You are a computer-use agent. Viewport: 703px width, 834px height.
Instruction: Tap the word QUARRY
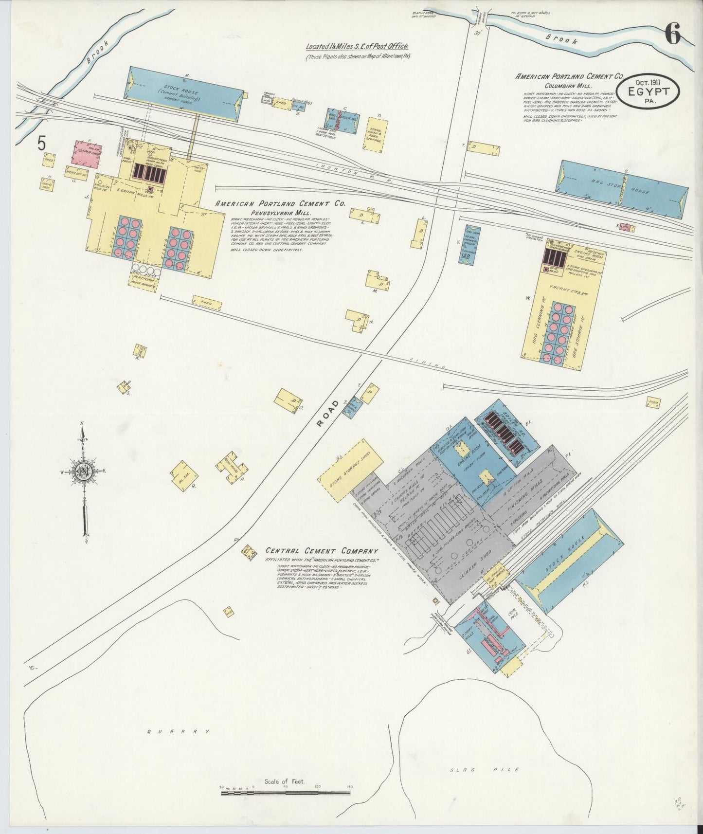(x=180, y=731)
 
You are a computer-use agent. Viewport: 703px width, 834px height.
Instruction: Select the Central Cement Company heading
(x=322, y=551)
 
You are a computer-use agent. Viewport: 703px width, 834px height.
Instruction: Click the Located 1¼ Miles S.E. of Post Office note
(x=356, y=47)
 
